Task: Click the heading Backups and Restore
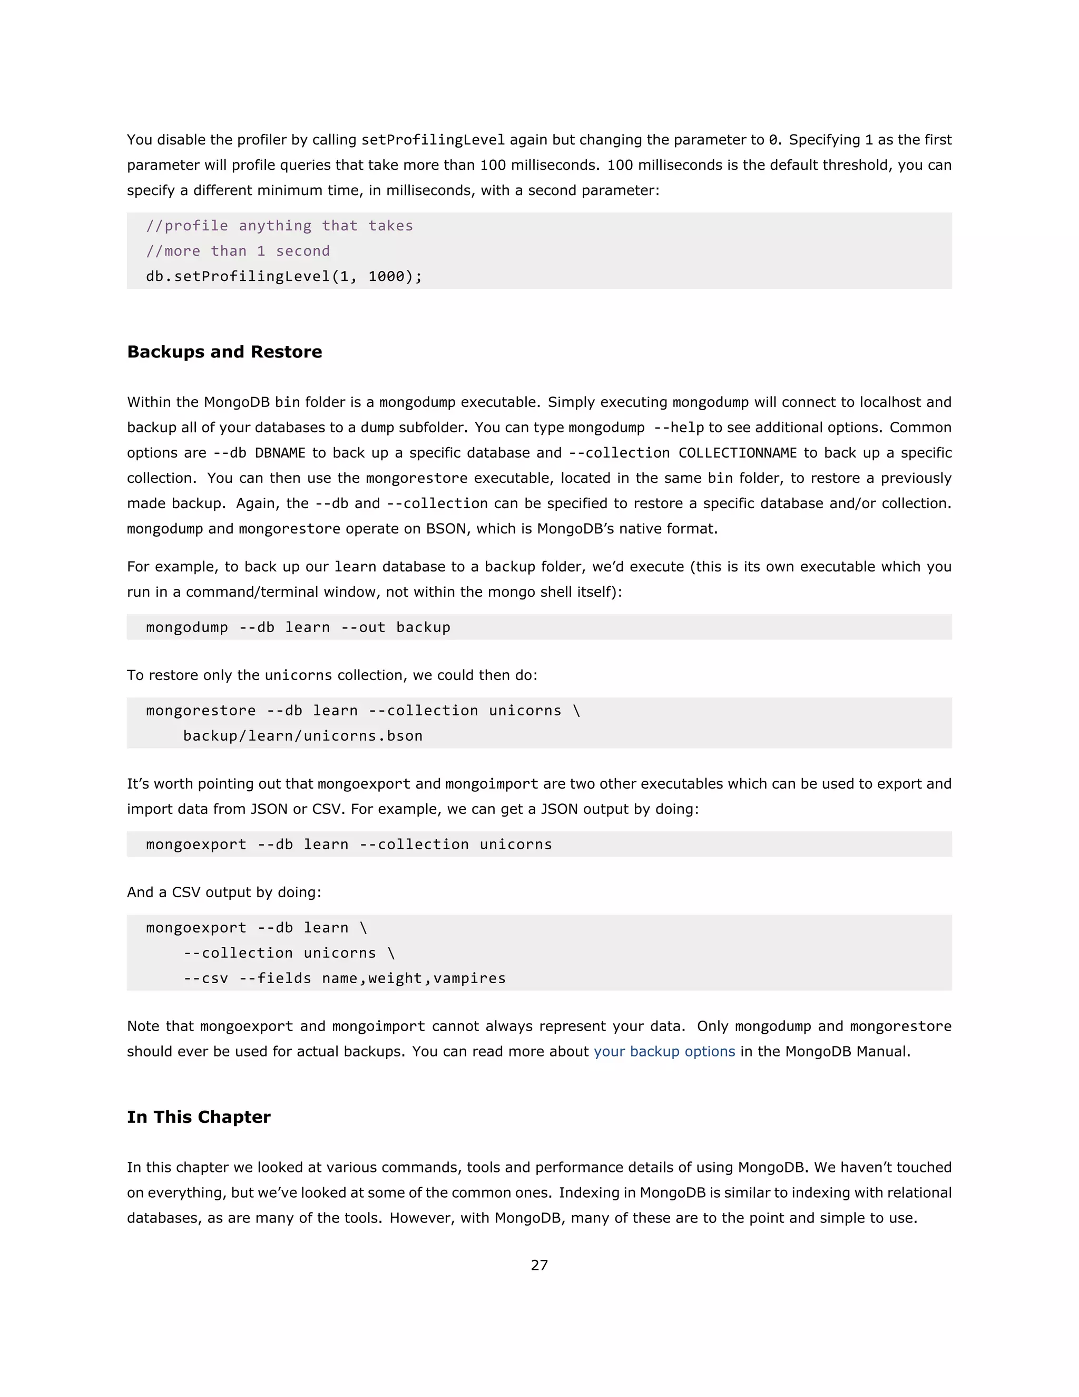[x=224, y=352]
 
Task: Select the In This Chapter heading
[x=198, y=1117]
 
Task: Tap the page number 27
[x=539, y=1265]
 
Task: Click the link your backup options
[x=664, y=1052]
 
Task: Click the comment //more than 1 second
[x=238, y=251]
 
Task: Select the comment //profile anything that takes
[x=279, y=226]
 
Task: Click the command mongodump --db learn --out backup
[x=298, y=627]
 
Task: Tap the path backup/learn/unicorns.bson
[x=302, y=735]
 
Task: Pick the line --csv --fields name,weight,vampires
[x=344, y=978]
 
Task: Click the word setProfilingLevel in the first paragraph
[x=433, y=140]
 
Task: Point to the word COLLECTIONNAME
[x=737, y=453]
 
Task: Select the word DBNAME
[x=280, y=453]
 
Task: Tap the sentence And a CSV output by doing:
[x=224, y=892]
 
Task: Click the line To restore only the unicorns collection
[x=332, y=675]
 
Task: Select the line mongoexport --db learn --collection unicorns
[x=348, y=845]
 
